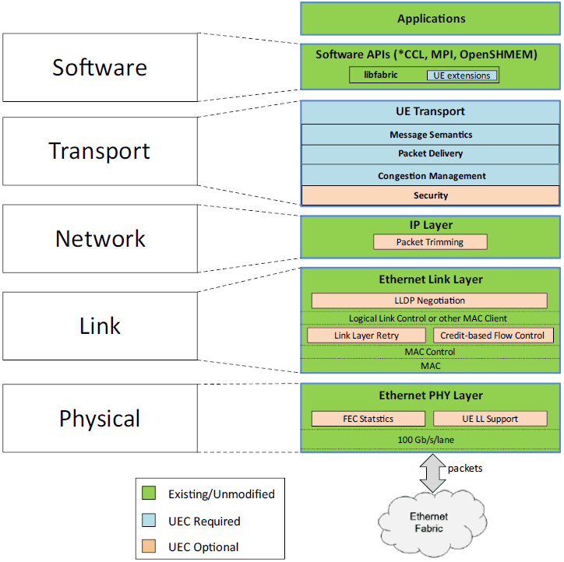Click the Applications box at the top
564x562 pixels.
coord(431,19)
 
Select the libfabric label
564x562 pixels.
coord(382,76)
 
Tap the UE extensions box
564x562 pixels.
coord(461,76)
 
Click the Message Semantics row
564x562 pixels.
coord(431,135)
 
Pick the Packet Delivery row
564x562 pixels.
coord(431,154)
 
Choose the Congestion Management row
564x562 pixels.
coord(431,176)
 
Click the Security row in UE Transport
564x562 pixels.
coord(431,195)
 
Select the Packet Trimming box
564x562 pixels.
coord(430,242)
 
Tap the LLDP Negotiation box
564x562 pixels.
coord(429,300)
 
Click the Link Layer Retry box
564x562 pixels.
coord(366,335)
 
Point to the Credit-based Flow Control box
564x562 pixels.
coord(493,335)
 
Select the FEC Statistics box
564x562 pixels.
coord(368,419)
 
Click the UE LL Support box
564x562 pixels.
coord(489,419)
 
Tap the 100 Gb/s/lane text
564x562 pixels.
coord(431,441)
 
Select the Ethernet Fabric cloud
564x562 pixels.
coord(429,522)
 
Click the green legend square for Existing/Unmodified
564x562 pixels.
coord(150,494)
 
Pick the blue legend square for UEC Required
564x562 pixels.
coord(150,521)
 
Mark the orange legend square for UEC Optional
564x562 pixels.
coord(150,546)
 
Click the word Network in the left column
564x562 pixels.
coord(100,238)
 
